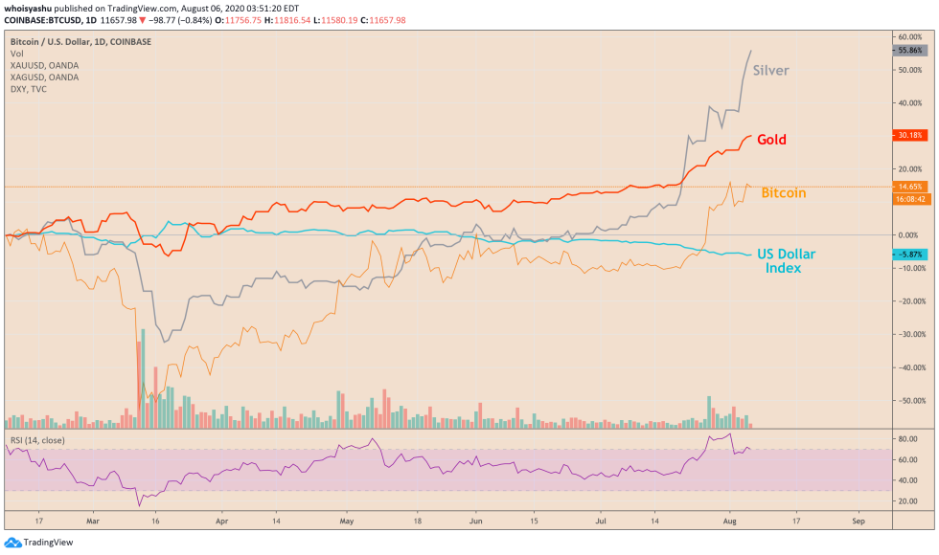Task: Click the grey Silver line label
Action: [x=770, y=70]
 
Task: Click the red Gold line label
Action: [x=771, y=140]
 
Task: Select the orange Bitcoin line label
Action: [x=783, y=193]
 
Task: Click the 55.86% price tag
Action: [x=908, y=50]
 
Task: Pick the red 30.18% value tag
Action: [x=908, y=135]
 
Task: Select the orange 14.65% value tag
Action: [x=908, y=187]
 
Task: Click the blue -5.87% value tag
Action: [x=908, y=255]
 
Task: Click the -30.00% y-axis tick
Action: [x=908, y=334]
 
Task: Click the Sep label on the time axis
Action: [x=859, y=523]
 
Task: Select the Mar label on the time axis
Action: [x=92, y=523]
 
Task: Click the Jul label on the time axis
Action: [x=602, y=523]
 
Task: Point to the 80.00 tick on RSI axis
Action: [x=908, y=438]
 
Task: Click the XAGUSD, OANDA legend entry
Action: [x=44, y=77]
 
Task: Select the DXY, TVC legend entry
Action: [x=29, y=88]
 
